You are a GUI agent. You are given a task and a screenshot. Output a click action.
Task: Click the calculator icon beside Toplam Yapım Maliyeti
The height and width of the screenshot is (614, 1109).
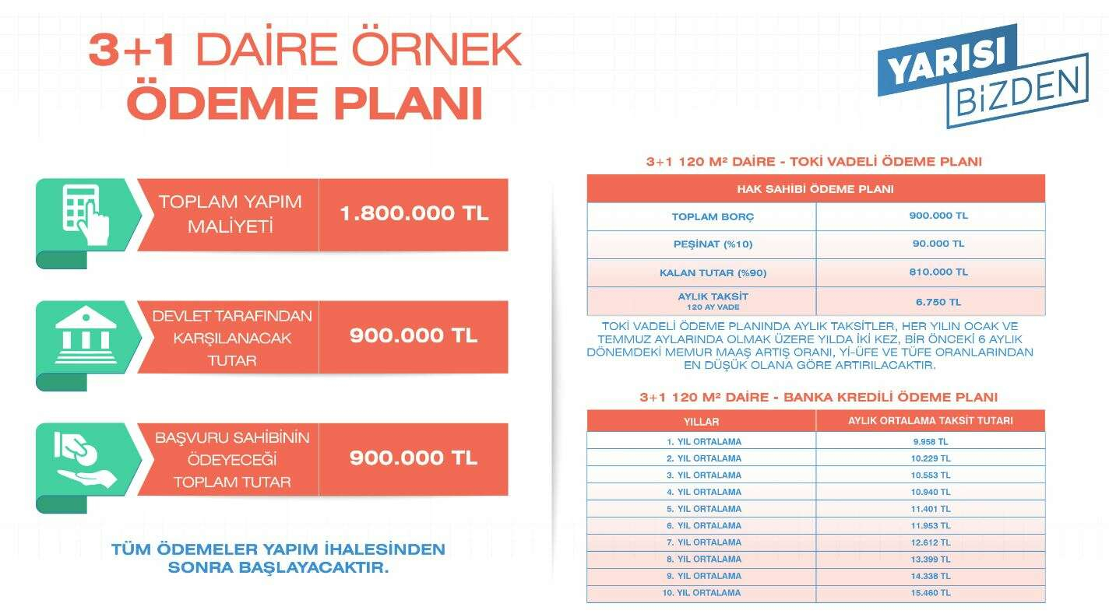[85, 213]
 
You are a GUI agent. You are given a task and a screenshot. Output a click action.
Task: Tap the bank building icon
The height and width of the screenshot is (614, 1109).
[86, 335]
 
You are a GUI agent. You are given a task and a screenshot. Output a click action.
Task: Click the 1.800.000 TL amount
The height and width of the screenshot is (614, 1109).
[414, 214]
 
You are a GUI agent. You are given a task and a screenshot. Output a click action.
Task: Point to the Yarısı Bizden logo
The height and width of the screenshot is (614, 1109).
[982, 75]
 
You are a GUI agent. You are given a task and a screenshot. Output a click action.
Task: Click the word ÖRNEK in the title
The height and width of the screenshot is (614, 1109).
[435, 51]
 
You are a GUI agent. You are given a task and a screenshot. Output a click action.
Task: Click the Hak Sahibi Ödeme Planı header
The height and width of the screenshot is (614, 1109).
[815, 188]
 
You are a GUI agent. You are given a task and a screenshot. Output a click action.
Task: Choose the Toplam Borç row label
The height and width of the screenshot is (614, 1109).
[702, 216]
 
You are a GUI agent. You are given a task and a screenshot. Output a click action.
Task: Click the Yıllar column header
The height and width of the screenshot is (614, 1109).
[702, 421]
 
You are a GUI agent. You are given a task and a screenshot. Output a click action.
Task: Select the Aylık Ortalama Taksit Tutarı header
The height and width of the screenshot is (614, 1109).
[930, 421]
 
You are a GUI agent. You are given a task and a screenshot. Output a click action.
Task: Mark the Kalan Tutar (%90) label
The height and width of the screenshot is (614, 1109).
[702, 272]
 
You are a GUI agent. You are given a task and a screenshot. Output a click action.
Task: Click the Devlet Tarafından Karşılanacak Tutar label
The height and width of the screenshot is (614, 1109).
[231, 338]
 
